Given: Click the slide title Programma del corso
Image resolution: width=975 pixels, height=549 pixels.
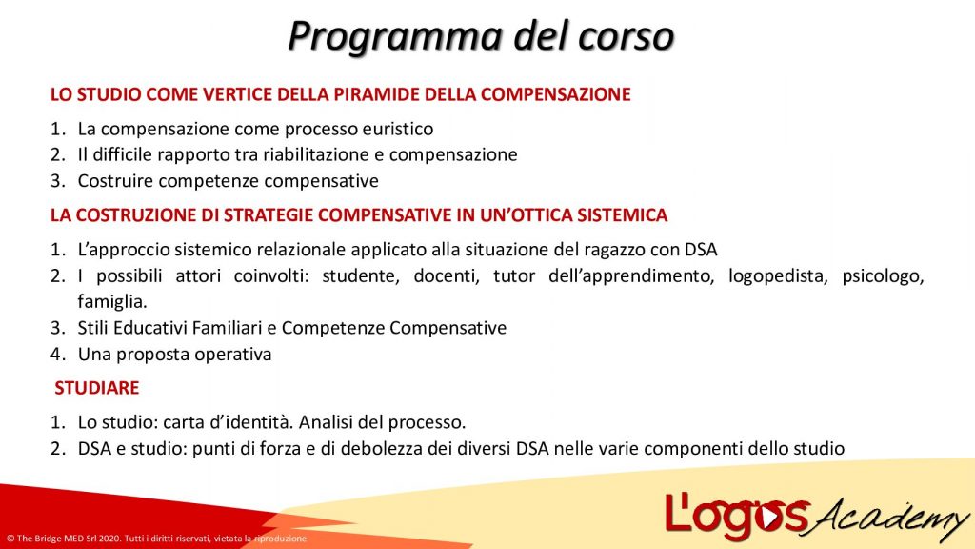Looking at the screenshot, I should (x=481, y=35).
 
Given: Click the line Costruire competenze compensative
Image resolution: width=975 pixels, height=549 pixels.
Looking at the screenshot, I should (x=228, y=181).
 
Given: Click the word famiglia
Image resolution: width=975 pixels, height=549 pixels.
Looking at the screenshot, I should (x=112, y=303).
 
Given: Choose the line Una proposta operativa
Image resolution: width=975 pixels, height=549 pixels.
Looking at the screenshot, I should (x=174, y=354).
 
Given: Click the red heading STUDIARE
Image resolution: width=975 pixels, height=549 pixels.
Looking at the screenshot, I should (x=97, y=388).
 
